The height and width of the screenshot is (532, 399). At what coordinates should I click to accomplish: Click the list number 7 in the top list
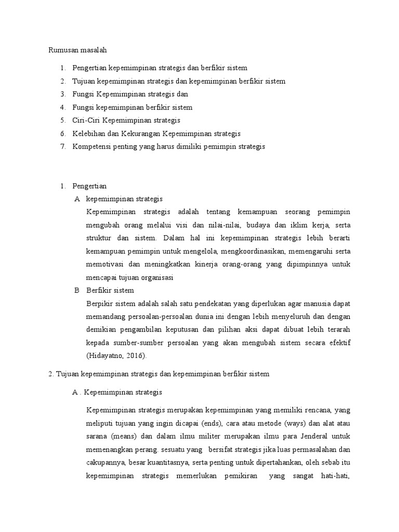pyautogui.click(x=62, y=147)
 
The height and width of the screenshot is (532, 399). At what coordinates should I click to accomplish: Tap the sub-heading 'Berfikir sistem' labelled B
pyautogui.click(x=110, y=290)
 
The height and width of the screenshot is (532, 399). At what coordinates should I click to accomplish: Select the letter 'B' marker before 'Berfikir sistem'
pyautogui.click(x=77, y=290)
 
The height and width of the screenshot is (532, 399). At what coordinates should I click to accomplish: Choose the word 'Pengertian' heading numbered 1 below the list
pyautogui.click(x=89, y=185)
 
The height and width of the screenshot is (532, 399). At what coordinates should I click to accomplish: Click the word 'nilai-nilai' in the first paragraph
pyautogui.click(x=221, y=225)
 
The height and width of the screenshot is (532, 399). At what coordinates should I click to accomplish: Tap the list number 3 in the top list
pyautogui.click(x=62, y=94)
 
